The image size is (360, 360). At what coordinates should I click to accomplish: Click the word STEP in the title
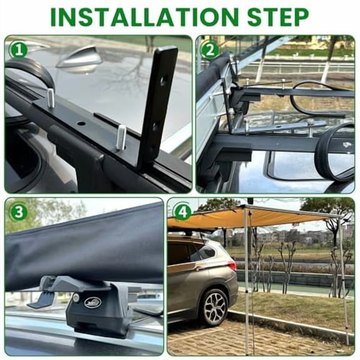tap(278, 17)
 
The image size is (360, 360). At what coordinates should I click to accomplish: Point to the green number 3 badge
tap(18, 211)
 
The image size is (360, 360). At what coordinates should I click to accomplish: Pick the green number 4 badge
tap(182, 211)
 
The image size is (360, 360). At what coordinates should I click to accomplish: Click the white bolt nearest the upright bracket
tap(121, 137)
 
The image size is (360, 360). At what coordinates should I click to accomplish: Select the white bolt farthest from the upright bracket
tap(51, 98)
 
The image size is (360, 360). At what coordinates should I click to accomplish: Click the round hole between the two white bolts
tap(81, 123)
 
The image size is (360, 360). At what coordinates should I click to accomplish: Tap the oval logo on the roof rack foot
tap(92, 302)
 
